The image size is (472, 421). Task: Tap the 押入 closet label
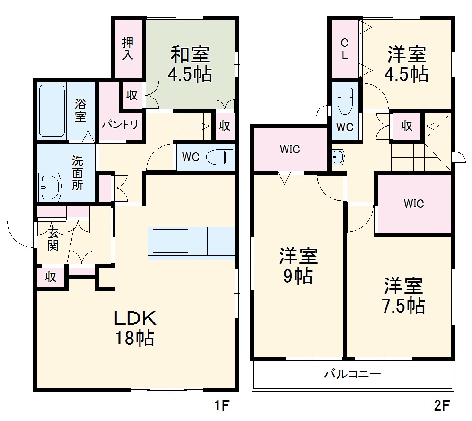128,48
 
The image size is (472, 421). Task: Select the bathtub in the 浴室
52,110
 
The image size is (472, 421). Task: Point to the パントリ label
121,125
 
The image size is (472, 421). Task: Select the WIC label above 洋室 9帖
289,150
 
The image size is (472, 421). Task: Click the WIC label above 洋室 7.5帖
414,204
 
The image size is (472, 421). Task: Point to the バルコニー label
352,375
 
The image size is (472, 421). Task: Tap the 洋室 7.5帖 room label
403,296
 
